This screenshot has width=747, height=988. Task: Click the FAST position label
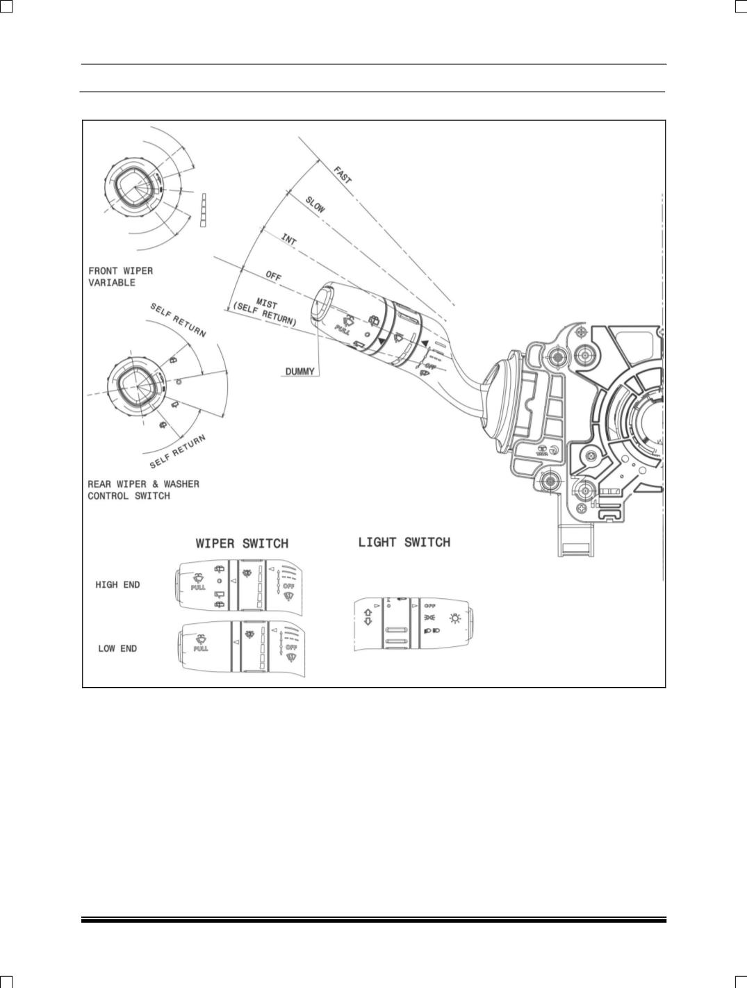point(343,175)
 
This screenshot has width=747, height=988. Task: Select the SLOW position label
point(315,204)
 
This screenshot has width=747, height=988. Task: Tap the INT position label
point(289,239)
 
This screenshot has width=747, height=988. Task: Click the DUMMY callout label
point(300,371)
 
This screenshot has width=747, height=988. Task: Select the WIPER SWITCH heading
point(242,543)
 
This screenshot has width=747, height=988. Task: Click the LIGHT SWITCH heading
point(404,542)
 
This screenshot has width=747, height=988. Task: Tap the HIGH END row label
point(117,585)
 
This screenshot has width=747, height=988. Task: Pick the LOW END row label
point(117,649)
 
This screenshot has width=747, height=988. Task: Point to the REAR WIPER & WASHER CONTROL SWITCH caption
point(143,490)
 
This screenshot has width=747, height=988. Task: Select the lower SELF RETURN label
point(179,451)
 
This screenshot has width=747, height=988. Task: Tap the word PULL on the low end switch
point(200,648)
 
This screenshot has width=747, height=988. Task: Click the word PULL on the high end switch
point(199,588)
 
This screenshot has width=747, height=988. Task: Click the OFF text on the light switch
point(429,605)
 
